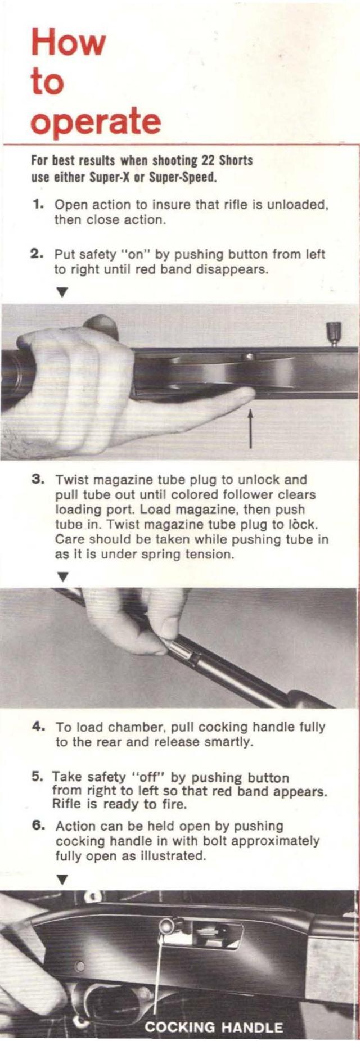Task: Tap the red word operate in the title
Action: [x=96, y=121]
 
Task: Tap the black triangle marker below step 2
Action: [x=62, y=292]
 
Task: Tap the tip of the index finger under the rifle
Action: [x=247, y=394]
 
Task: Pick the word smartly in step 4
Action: [x=228, y=742]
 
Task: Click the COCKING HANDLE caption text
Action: [x=214, y=1028]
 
